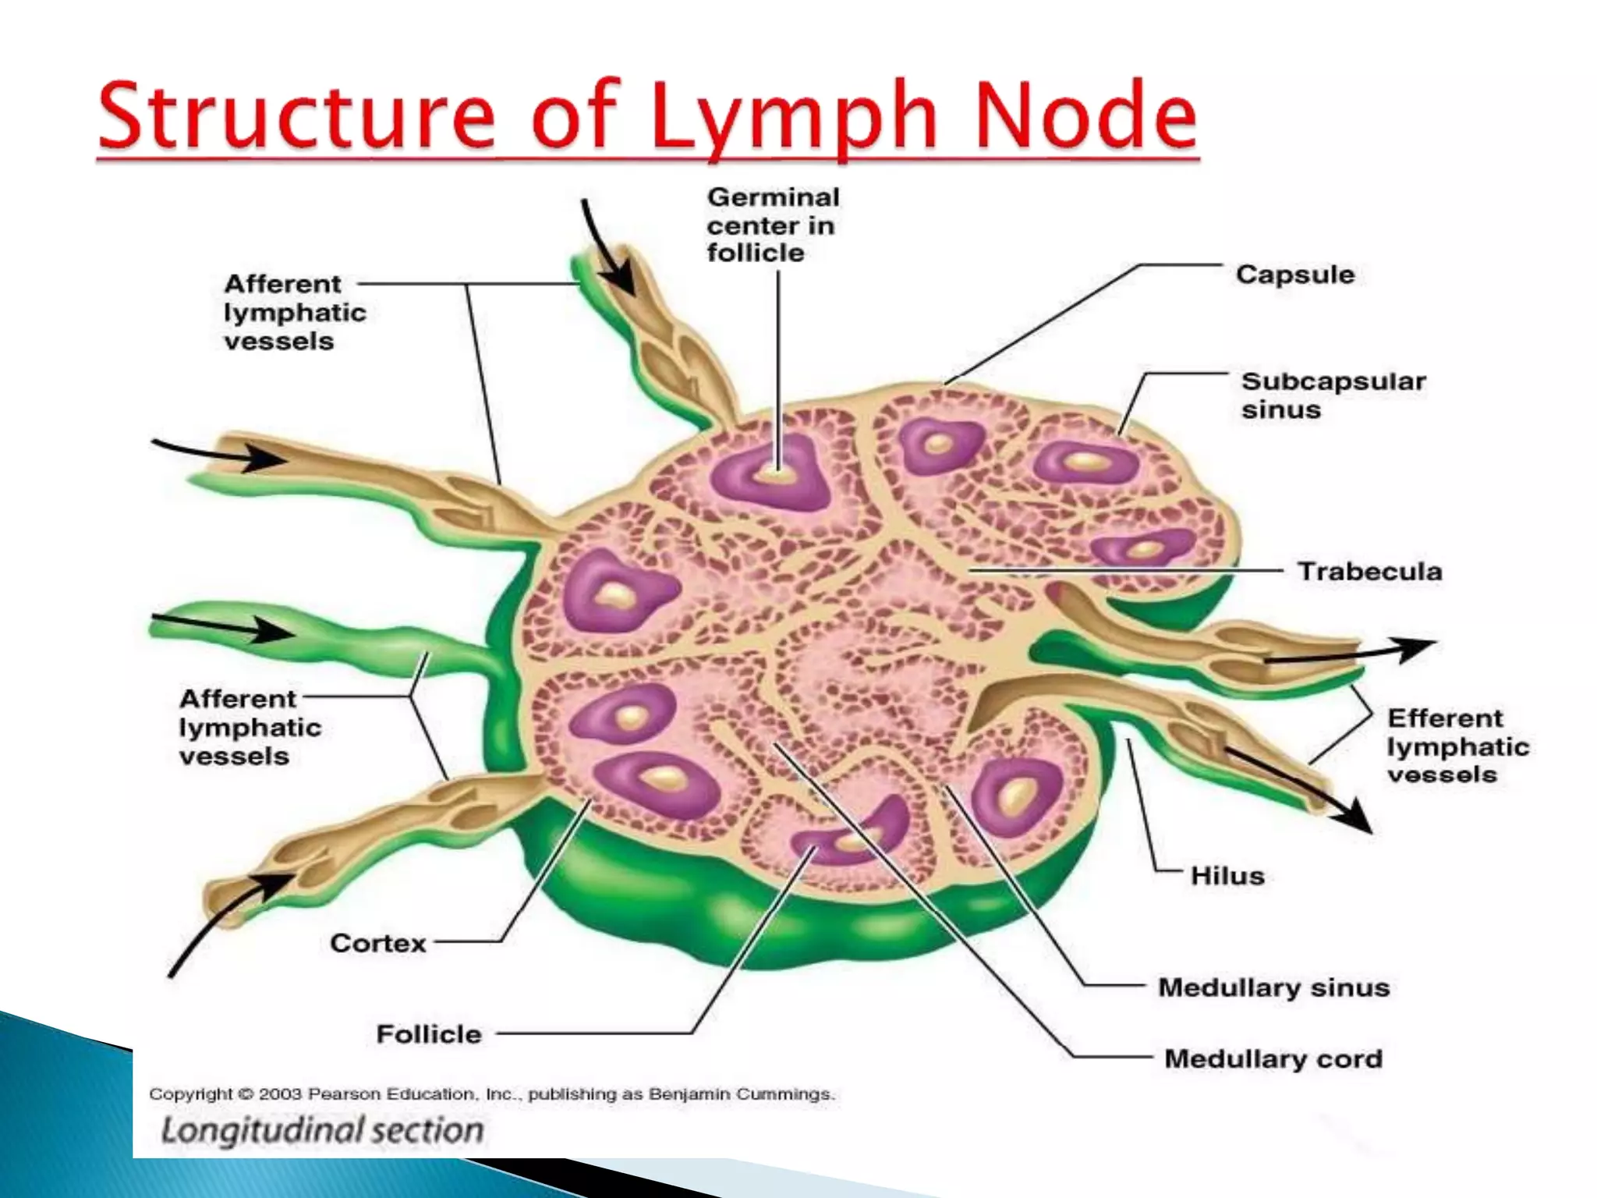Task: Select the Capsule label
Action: pos(1294,275)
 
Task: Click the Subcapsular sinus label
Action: pos(1333,395)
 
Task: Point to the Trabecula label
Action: pos(1369,571)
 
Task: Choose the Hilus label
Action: pos(1227,876)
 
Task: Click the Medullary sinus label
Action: pos(1273,987)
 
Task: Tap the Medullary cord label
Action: pos(1273,1058)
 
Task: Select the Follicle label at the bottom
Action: pos(429,1034)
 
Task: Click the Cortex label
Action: pos(378,943)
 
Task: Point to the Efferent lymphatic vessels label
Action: pos(1457,746)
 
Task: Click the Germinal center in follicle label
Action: pos(772,225)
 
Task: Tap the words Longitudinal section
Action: pos(322,1130)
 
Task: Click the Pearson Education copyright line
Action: pos(491,1094)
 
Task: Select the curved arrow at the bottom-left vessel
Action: pos(226,920)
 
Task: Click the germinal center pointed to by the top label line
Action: pos(774,470)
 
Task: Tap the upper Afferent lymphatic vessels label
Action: pos(294,312)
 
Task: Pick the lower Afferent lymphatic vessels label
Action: pos(250,727)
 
